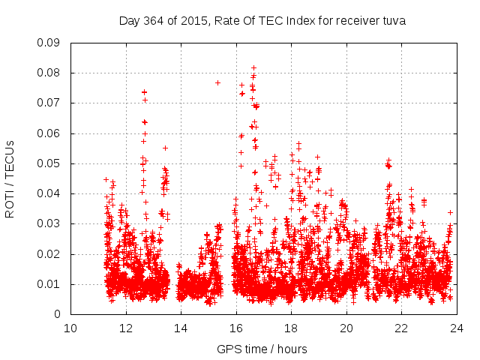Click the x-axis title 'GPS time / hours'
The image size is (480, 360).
(262, 349)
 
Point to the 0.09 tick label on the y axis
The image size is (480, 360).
(50, 43)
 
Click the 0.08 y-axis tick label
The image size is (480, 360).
(50, 73)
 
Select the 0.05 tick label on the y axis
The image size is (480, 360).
(50, 163)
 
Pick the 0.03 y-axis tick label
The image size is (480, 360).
(50, 223)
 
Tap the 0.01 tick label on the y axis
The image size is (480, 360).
(50, 284)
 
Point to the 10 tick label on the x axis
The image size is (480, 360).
(70, 328)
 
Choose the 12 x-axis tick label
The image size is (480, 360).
(125, 328)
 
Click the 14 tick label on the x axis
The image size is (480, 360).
(181, 328)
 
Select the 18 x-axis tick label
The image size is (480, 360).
(291, 328)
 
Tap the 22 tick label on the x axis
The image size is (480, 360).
(401, 328)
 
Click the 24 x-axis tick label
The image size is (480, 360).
(456, 328)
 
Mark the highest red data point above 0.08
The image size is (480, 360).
(253, 67)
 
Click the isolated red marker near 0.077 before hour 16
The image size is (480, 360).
(217, 82)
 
